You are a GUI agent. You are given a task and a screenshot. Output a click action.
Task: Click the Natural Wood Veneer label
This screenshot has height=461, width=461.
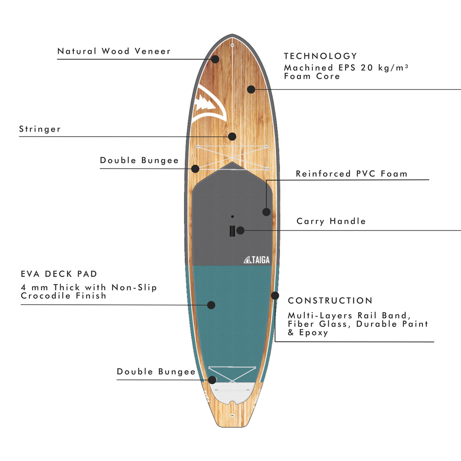pyautogui.click(x=114, y=51)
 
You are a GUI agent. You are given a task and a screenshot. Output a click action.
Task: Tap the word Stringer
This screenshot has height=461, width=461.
pyautogui.click(x=40, y=129)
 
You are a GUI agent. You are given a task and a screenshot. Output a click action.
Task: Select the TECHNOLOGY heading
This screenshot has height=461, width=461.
pyautogui.click(x=320, y=56)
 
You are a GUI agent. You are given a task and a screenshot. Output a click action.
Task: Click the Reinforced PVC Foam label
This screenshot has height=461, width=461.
pyautogui.click(x=352, y=174)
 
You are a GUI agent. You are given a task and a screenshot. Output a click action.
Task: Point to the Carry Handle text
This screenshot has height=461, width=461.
pyautogui.click(x=331, y=221)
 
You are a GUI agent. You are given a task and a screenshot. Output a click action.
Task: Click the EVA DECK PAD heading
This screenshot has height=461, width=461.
pyautogui.click(x=59, y=274)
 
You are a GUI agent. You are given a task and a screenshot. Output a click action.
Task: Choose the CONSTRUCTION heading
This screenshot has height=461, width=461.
pyautogui.click(x=330, y=301)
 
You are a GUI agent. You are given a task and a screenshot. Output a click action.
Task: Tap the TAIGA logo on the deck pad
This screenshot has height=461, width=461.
pyautogui.click(x=257, y=260)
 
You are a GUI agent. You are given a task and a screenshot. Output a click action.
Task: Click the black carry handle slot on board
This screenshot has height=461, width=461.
pyautogui.click(x=232, y=230)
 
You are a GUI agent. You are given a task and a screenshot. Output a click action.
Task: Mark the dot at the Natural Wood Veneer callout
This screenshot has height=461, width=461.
pyautogui.click(x=215, y=59)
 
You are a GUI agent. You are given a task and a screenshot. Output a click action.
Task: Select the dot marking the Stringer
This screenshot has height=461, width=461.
pyautogui.click(x=232, y=137)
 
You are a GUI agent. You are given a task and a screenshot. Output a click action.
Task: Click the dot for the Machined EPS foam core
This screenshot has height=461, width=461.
pyautogui.click(x=251, y=89)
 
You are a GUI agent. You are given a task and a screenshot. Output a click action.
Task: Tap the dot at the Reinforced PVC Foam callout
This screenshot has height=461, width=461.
pyautogui.click(x=266, y=212)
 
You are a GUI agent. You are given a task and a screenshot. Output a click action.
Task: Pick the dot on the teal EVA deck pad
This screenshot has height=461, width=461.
pyautogui.click(x=211, y=305)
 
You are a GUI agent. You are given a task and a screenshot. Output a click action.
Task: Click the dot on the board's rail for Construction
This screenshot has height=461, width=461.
pyautogui.click(x=275, y=295)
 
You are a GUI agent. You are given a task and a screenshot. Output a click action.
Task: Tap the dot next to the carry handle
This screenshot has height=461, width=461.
pyautogui.click(x=240, y=230)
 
